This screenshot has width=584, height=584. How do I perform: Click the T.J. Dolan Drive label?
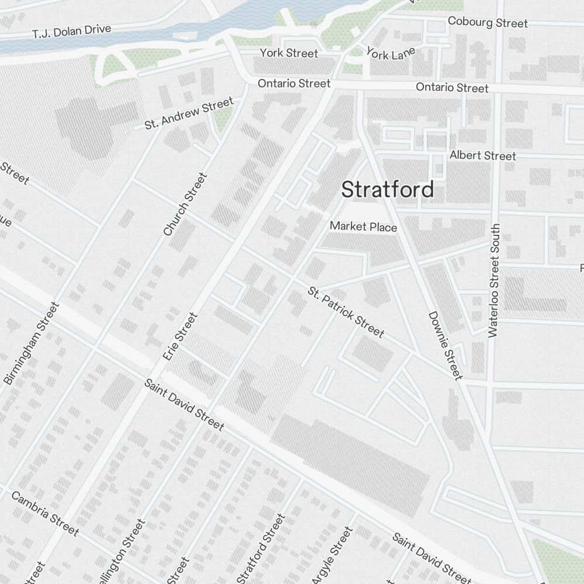(x=72, y=31)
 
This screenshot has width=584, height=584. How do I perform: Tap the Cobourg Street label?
(x=487, y=22)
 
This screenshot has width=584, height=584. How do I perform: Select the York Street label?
(x=289, y=53)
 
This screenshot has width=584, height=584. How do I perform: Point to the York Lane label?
(x=391, y=53)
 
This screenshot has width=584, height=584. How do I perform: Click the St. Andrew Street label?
(x=189, y=114)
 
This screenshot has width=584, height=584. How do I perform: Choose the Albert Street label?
(x=482, y=156)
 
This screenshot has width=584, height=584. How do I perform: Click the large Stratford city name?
(x=387, y=190)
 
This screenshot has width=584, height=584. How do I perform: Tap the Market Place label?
(x=363, y=227)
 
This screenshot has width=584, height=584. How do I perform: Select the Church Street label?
(x=185, y=204)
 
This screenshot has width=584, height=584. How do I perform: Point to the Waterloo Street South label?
(x=495, y=280)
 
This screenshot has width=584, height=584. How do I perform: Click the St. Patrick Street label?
(x=346, y=312)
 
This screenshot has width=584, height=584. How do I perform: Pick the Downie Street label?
(x=446, y=345)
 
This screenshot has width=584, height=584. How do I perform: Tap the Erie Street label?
(x=180, y=336)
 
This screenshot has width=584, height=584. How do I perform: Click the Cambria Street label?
(x=44, y=513)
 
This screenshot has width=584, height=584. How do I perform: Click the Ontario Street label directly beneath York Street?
(x=294, y=84)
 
